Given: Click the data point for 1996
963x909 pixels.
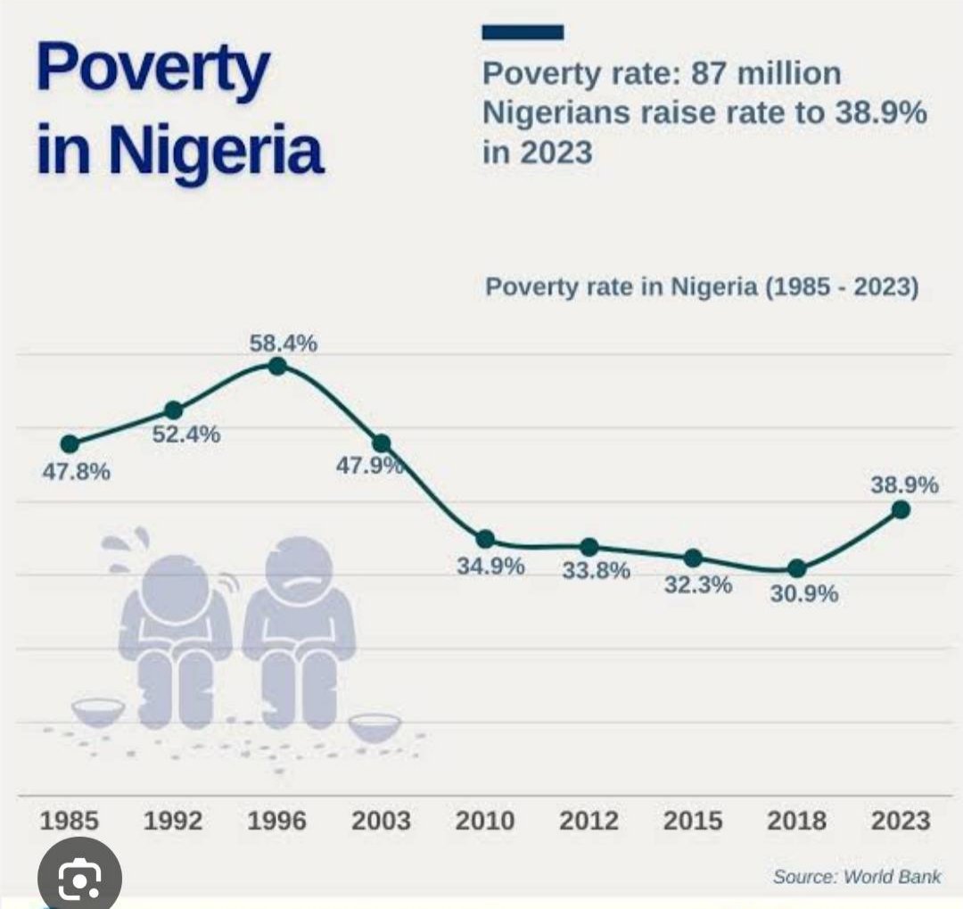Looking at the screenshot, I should pos(277,366).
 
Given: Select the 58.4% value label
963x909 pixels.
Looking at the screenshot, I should pos(283,343).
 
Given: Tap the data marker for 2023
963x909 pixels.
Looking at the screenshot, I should pos(901,509).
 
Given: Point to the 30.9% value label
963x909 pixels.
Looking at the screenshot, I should pos(804,594).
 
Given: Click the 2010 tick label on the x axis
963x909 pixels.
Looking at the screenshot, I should pos(485,821).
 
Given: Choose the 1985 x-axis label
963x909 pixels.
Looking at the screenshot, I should pos(70,821).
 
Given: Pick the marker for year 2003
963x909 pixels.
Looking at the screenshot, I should pos(382,443).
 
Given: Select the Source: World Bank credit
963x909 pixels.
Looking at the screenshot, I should pos(857,877).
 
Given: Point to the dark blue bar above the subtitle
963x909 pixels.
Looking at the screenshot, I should pos(523,33).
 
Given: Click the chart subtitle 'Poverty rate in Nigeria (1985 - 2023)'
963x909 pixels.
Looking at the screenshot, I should pos(702,289).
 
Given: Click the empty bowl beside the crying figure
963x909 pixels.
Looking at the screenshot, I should pos(98,711).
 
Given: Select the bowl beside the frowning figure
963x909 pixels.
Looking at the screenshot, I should pos(374,726).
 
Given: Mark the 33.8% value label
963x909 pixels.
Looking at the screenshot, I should pos(596,571).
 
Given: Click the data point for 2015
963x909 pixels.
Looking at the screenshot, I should pos(694,558).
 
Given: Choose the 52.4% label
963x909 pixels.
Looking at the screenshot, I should pos(186,435).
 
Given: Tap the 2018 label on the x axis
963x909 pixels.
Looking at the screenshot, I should pos(797,821).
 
